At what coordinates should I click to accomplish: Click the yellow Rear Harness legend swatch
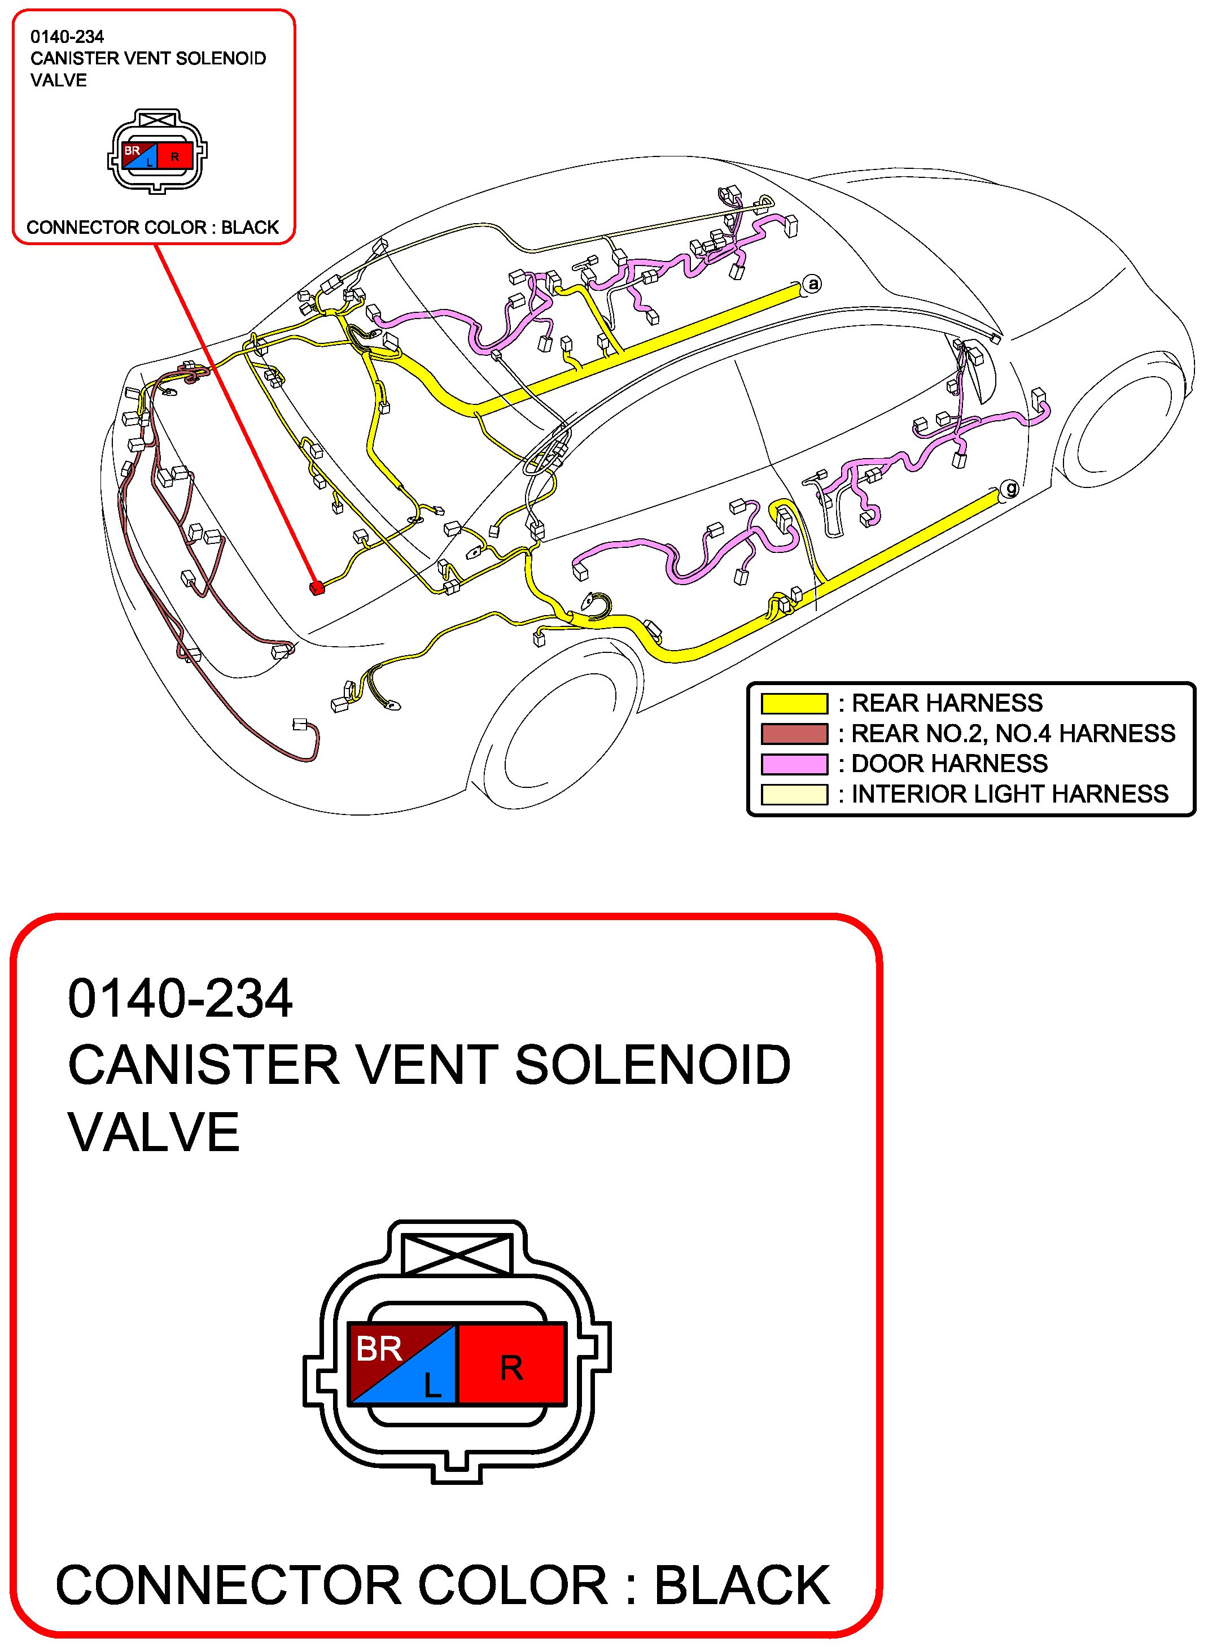[x=794, y=703]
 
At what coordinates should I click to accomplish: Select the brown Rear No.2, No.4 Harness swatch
[x=794, y=733]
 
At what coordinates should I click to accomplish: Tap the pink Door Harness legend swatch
[x=794, y=764]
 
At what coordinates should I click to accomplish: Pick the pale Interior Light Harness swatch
[x=794, y=794]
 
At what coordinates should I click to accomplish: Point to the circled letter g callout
[x=1010, y=487]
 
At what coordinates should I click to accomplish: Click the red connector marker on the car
[x=317, y=587]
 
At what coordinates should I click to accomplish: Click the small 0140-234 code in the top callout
[x=67, y=37]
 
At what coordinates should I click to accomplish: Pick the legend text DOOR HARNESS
[x=949, y=764]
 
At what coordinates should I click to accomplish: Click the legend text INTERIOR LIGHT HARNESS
[x=1009, y=794]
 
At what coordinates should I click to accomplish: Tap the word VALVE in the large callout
[x=154, y=1132]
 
